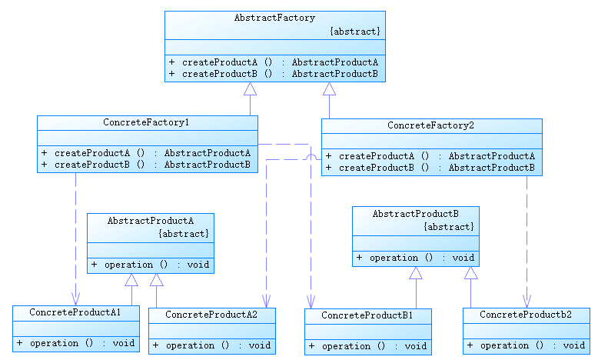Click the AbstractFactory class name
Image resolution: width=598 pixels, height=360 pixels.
pyautogui.click(x=274, y=18)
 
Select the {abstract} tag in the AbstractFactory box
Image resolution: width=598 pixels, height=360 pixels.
pyautogui.click(x=354, y=31)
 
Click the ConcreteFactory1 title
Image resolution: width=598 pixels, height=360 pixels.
pyautogui.click(x=146, y=122)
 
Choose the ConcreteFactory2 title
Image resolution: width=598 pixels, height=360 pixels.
pyautogui.click(x=430, y=125)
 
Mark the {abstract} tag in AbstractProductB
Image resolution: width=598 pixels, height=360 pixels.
pyautogui.click(x=449, y=227)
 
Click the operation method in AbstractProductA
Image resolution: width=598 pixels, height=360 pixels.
pyautogui.click(x=150, y=265)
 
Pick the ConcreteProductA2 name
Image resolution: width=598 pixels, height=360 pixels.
pyautogui.click(x=211, y=315)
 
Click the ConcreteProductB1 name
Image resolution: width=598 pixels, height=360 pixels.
pyautogui.click(x=367, y=315)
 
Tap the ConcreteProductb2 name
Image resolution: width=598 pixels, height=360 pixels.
pyautogui.click(x=526, y=315)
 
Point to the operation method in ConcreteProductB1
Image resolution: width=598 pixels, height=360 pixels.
pyautogui.click(x=367, y=346)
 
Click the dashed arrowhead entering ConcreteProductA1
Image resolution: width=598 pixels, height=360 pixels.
pyautogui.click(x=75, y=300)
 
